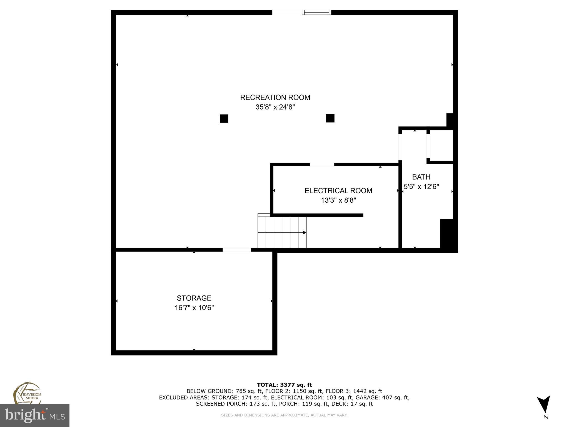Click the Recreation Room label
(275, 98)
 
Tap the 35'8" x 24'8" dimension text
(275, 107)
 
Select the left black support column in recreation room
(224, 118)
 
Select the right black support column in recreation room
(330, 118)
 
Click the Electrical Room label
(338, 191)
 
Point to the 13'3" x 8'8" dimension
(338, 200)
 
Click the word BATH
(421, 177)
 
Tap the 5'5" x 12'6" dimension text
(421, 187)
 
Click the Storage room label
(194, 298)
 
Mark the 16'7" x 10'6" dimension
(194, 308)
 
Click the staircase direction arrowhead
(305, 232)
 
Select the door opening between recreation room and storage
(237, 250)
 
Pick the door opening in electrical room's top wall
(322, 165)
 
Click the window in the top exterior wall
(316, 12)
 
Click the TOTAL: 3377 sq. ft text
(284, 385)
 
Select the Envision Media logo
(27, 393)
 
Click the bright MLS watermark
(35, 415)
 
